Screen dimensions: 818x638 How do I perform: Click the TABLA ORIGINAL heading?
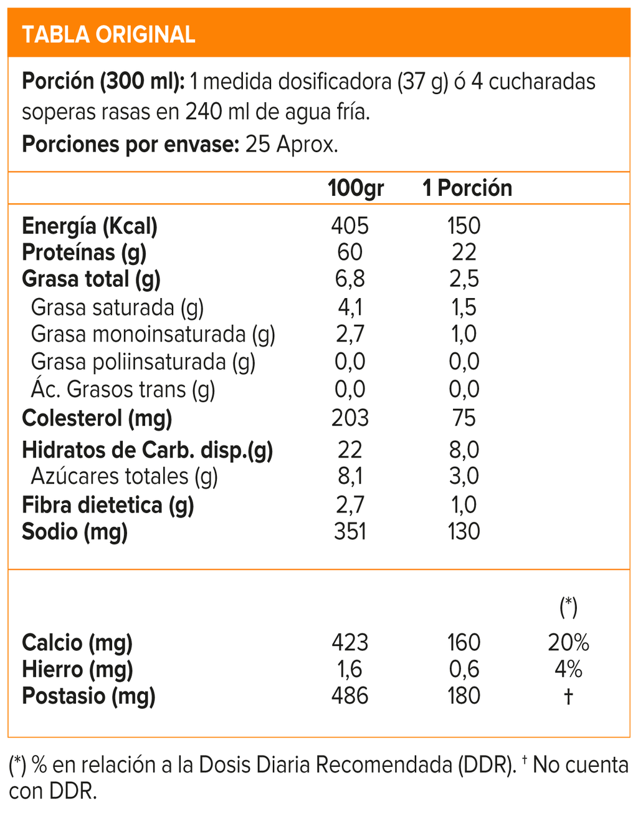108,34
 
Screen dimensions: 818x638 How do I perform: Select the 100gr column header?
356,188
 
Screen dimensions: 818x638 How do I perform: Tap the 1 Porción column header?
467,188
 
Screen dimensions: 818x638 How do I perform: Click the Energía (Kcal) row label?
90,226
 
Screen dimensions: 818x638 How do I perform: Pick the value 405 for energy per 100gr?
350,226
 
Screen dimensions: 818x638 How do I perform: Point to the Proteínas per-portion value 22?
464,252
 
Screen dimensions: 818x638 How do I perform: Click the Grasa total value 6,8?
350,279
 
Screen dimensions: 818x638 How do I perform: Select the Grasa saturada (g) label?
117,307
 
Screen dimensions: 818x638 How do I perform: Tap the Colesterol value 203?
350,418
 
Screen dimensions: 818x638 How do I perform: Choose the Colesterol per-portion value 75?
464,418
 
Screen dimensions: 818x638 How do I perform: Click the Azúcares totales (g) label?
124,476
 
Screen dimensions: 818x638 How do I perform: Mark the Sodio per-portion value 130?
464,531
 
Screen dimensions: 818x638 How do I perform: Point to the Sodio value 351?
350,531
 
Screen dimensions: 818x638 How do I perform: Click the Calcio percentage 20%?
568,642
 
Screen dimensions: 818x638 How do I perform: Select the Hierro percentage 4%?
568,669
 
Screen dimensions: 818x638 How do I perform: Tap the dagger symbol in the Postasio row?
568,696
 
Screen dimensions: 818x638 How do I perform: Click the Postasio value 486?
350,696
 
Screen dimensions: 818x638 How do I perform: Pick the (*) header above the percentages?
568,607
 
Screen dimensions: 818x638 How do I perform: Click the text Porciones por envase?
131,145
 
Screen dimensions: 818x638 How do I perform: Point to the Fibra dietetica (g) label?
108,505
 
